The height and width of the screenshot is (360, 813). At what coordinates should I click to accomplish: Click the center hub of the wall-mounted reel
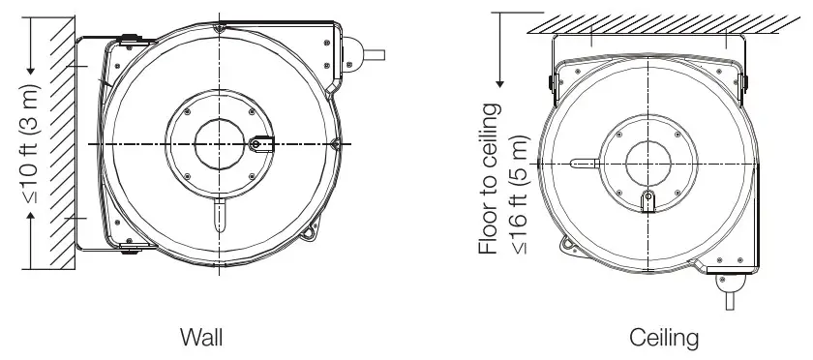[221, 143]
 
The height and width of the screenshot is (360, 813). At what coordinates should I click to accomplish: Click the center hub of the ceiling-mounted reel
[648, 163]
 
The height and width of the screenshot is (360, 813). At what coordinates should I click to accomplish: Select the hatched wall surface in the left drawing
[62, 145]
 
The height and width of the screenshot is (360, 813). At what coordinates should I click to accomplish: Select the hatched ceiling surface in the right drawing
[648, 21]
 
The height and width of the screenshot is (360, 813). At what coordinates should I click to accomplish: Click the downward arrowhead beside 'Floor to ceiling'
[497, 78]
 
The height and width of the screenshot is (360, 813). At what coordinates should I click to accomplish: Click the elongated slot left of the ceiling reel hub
[585, 164]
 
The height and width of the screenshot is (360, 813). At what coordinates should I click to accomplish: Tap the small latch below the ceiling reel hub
[649, 201]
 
